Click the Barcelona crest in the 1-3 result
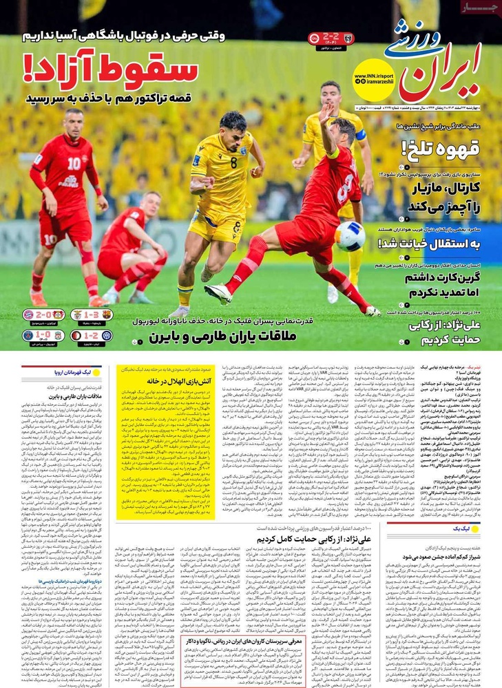[x=107, y=314]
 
